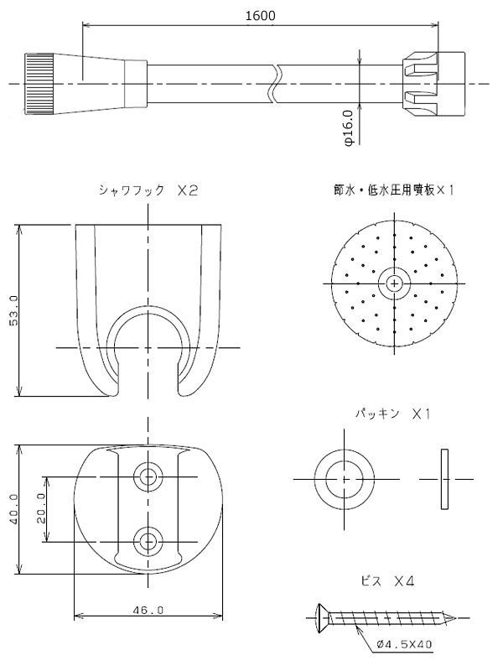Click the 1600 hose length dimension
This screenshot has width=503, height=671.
pyautogui.click(x=261, y=15)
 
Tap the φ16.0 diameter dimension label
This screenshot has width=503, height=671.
pyautogui.click(x=348, y=128)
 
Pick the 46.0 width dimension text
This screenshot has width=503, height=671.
pyautogui.click(x=148, y=610)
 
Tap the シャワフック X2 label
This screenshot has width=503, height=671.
pyautogui.click(x=148, y=191)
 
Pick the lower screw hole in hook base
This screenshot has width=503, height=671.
pyautogui.click(x=149, y=541)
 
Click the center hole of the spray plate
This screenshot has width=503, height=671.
pyautogui.click(x=394, y=283)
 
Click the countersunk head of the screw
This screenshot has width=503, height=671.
pyautogui.click(x=322, y=619)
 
